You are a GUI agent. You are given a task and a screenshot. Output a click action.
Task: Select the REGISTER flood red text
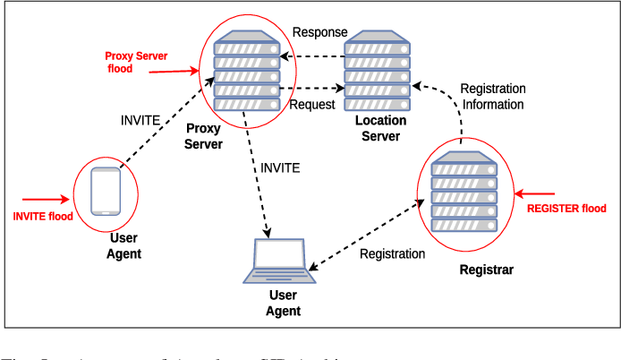point(566,209)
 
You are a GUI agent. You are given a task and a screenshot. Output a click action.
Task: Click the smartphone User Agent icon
point(106,190)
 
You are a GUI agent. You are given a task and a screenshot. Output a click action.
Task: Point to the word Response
point(319,32)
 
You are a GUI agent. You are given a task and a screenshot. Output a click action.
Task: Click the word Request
point(312,105)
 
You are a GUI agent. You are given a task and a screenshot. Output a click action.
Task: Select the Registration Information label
point(492,97)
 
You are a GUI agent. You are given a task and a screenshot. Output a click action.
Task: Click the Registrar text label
point(486,270)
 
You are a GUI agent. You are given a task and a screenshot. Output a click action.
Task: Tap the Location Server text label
point(380,128)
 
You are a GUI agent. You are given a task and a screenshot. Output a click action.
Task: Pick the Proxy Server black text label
point(203,136)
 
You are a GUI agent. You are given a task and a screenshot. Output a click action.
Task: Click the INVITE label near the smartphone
point(140,119)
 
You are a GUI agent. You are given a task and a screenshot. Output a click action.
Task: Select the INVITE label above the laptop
point(280,167)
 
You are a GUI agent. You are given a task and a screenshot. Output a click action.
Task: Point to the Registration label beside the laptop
point(392,253)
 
